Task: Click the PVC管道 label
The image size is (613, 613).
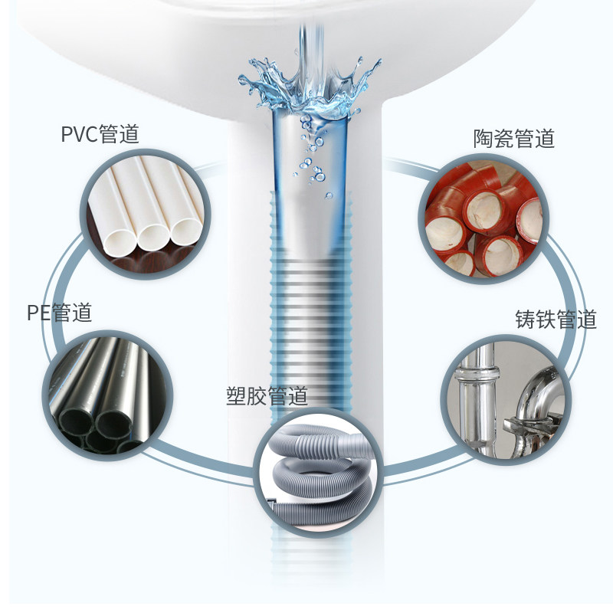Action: click(x=100, y=135)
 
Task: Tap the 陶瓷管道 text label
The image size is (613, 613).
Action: click(x=513, y=139)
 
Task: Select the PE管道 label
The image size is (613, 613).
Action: click(x=59, y=313)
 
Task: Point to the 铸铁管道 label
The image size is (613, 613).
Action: click(x=556, y=320)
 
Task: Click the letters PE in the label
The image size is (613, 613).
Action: click(x=38, y=313)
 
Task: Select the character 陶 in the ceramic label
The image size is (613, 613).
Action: click(x=484, y=139)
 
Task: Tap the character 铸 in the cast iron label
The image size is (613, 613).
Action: click(x=526, y=320)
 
